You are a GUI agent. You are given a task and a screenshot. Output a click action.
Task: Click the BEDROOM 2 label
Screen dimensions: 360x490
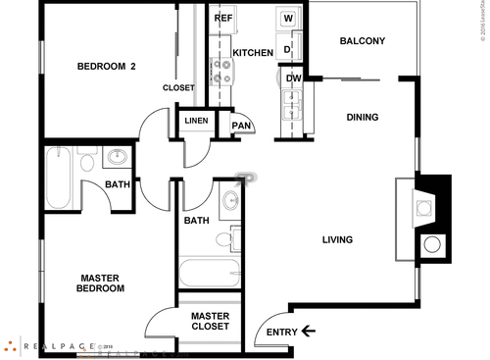click(105, 67)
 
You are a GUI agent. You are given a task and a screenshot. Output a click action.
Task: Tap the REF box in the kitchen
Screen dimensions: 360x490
click(223, 19)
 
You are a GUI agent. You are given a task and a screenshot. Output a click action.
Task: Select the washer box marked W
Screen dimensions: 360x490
click(288, 19)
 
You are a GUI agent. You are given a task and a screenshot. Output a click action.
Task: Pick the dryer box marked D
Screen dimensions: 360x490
click(288, 48)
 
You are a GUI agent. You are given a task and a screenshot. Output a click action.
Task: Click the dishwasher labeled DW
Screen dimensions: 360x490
click(293, 78)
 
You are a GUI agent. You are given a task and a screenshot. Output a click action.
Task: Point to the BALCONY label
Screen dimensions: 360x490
click(362, 41)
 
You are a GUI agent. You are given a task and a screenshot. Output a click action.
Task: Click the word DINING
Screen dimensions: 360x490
click(363, 118)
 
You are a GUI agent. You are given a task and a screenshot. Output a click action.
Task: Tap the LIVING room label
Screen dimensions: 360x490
click(337, 239)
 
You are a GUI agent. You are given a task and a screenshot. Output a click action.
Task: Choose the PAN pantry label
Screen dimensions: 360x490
click(241, 125)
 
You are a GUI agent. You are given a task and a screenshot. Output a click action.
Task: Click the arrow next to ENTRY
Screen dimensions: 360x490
click(309, 331)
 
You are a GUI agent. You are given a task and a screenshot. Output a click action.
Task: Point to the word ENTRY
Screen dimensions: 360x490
click(281, 332)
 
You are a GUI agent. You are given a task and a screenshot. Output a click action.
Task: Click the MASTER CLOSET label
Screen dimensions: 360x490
click(210, 321)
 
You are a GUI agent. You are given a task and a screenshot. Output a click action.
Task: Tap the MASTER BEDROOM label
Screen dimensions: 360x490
click(102, 283)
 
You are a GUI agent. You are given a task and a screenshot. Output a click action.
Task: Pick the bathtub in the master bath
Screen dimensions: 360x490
click(209, 271)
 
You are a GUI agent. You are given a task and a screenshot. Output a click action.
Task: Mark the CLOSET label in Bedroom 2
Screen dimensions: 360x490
click(178, 87)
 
